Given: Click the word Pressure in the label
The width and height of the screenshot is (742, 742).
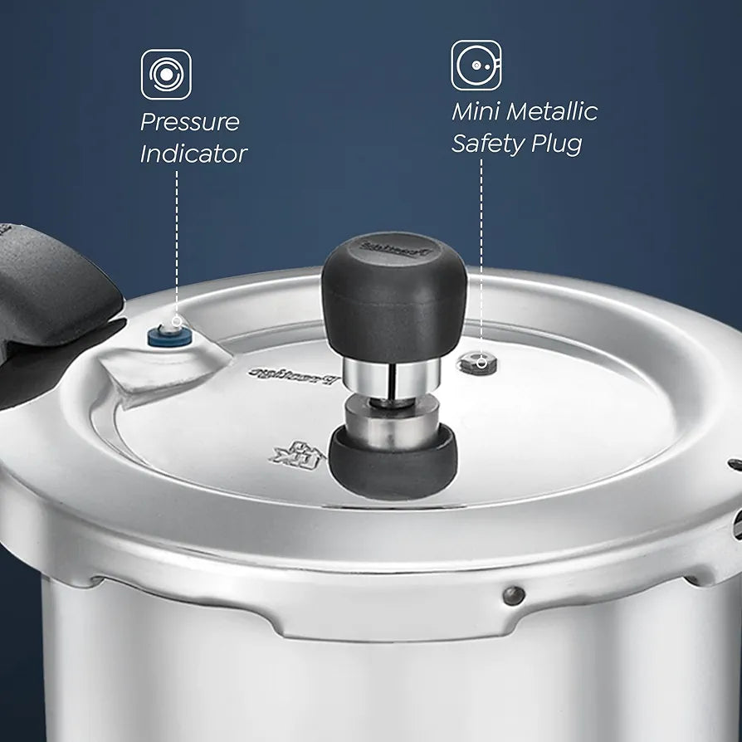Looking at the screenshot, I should (189, 122).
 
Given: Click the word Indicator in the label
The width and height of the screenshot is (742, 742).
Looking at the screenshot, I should (193, 154).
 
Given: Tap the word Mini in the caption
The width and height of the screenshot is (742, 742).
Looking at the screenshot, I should (474, 111).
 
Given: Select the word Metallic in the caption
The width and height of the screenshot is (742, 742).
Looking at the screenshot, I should (552, 111).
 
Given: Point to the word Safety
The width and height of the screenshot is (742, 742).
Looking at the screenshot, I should (487, 144).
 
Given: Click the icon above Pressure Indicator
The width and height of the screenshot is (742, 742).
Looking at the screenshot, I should (166, 75).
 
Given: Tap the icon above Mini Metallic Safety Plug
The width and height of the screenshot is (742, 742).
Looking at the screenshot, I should (476, 65).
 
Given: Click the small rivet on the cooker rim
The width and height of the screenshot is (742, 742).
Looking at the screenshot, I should (514, 595).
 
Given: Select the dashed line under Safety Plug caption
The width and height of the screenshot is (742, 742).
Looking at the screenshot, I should (481, 249).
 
